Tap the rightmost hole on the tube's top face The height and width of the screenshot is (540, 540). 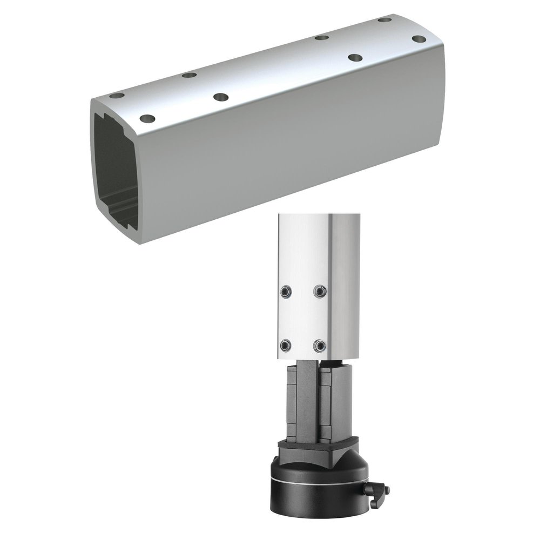tap(418, 39)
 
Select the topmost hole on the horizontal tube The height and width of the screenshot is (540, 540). tap(384, 20)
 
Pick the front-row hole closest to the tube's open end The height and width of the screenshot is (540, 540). tap(147, 118)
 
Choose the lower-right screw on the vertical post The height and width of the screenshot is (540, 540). tap(321, 344)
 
